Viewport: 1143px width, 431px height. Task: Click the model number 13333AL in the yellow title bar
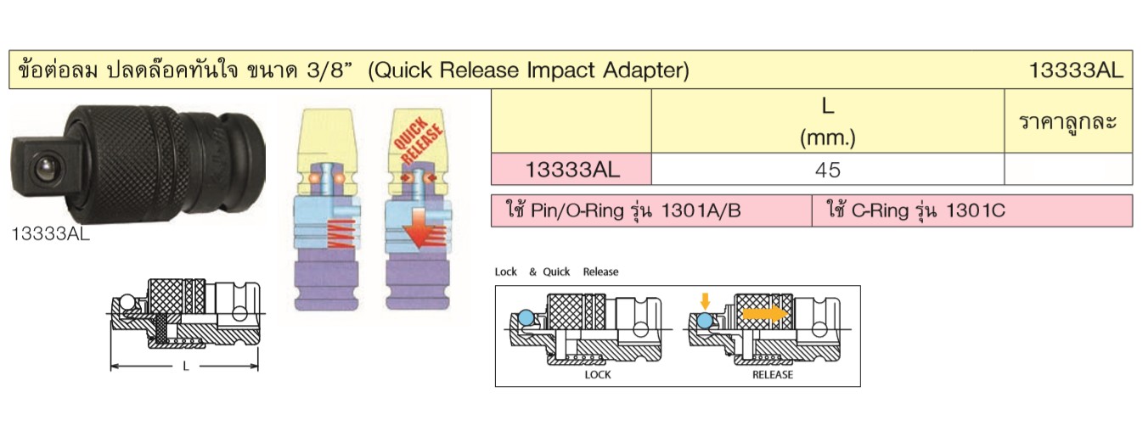pyautogui.click(x=1076, y=70)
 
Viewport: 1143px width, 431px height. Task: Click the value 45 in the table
pyautogui.click(x=827, y=170)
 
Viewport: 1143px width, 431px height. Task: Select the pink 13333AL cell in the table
pyautogui.click(x=571, y=169)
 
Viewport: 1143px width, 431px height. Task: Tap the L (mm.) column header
pyautogui.click(x=827, y=121)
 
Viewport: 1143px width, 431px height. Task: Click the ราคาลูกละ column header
pyautogui.click(x=1067, y=122)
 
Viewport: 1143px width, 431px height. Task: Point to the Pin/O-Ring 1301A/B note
pyautogui.click(x=623, y=210)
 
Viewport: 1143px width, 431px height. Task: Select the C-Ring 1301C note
pyautogui.click(x=916, y=210)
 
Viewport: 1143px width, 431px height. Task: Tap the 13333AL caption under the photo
pyautogui.click(x=50, y=234)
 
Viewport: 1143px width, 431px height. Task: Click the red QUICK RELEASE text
pyautogui.click(x=418, y=140)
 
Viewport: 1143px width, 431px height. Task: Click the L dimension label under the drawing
pyautogui.click(x=186, y=367)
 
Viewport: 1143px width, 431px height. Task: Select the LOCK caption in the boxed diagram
pyautogui.click(x=598, y=375)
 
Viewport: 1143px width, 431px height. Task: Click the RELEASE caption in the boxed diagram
pyautogui.click(x=773, y=375)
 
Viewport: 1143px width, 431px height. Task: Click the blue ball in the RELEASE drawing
pyautogui.click(x=705, y=321)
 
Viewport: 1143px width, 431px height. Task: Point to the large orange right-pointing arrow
pyautogui.click(x=765, y=313)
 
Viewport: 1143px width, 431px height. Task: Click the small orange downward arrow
pyautogui.click(x=705, y=301)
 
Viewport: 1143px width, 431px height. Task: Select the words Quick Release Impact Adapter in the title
pyautogui.click(x=529, y=70)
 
